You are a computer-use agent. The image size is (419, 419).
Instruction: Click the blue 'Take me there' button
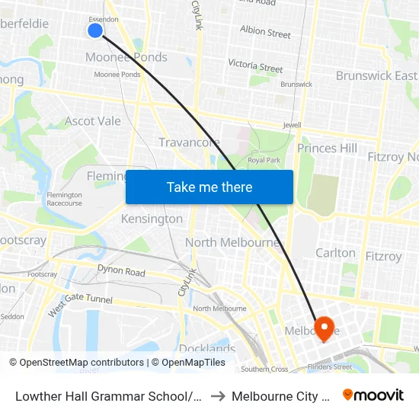209,187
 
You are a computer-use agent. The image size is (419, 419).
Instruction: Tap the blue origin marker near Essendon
95,30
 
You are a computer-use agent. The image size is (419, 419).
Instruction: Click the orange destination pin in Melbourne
325,329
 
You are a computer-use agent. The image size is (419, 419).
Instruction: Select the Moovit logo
373,395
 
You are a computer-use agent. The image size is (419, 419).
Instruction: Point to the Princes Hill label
327,148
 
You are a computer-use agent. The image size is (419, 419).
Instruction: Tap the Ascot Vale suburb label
93,121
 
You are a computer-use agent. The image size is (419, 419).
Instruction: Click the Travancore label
189,142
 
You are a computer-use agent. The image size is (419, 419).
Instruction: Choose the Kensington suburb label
152,219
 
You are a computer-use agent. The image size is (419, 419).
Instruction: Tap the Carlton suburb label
335,253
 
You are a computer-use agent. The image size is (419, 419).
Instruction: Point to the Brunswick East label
376,75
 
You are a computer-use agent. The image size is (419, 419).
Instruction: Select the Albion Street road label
265,33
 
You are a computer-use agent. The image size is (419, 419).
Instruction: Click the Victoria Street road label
255,66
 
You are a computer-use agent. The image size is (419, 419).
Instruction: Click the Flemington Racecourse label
64,200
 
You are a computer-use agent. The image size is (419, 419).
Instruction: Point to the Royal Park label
264,160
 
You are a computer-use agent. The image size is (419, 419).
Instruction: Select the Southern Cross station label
264,369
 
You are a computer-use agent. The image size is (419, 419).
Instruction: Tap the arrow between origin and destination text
219,395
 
